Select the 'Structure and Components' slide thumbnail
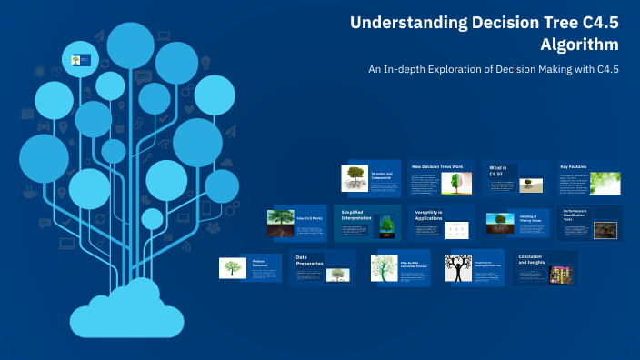click(370, 178)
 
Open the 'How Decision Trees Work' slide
click(441, 179)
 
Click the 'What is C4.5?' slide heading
click(499, 172)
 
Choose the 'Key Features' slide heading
click(574, 167)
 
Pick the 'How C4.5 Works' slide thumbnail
click(296, 222)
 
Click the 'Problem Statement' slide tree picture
click(233, 268)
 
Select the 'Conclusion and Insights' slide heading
click(532, 260)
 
